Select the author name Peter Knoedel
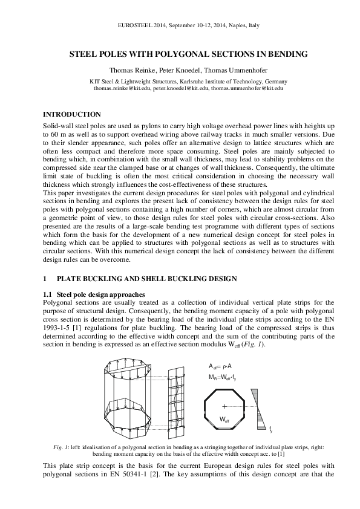[180, 70]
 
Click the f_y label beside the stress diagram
[270, 429]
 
